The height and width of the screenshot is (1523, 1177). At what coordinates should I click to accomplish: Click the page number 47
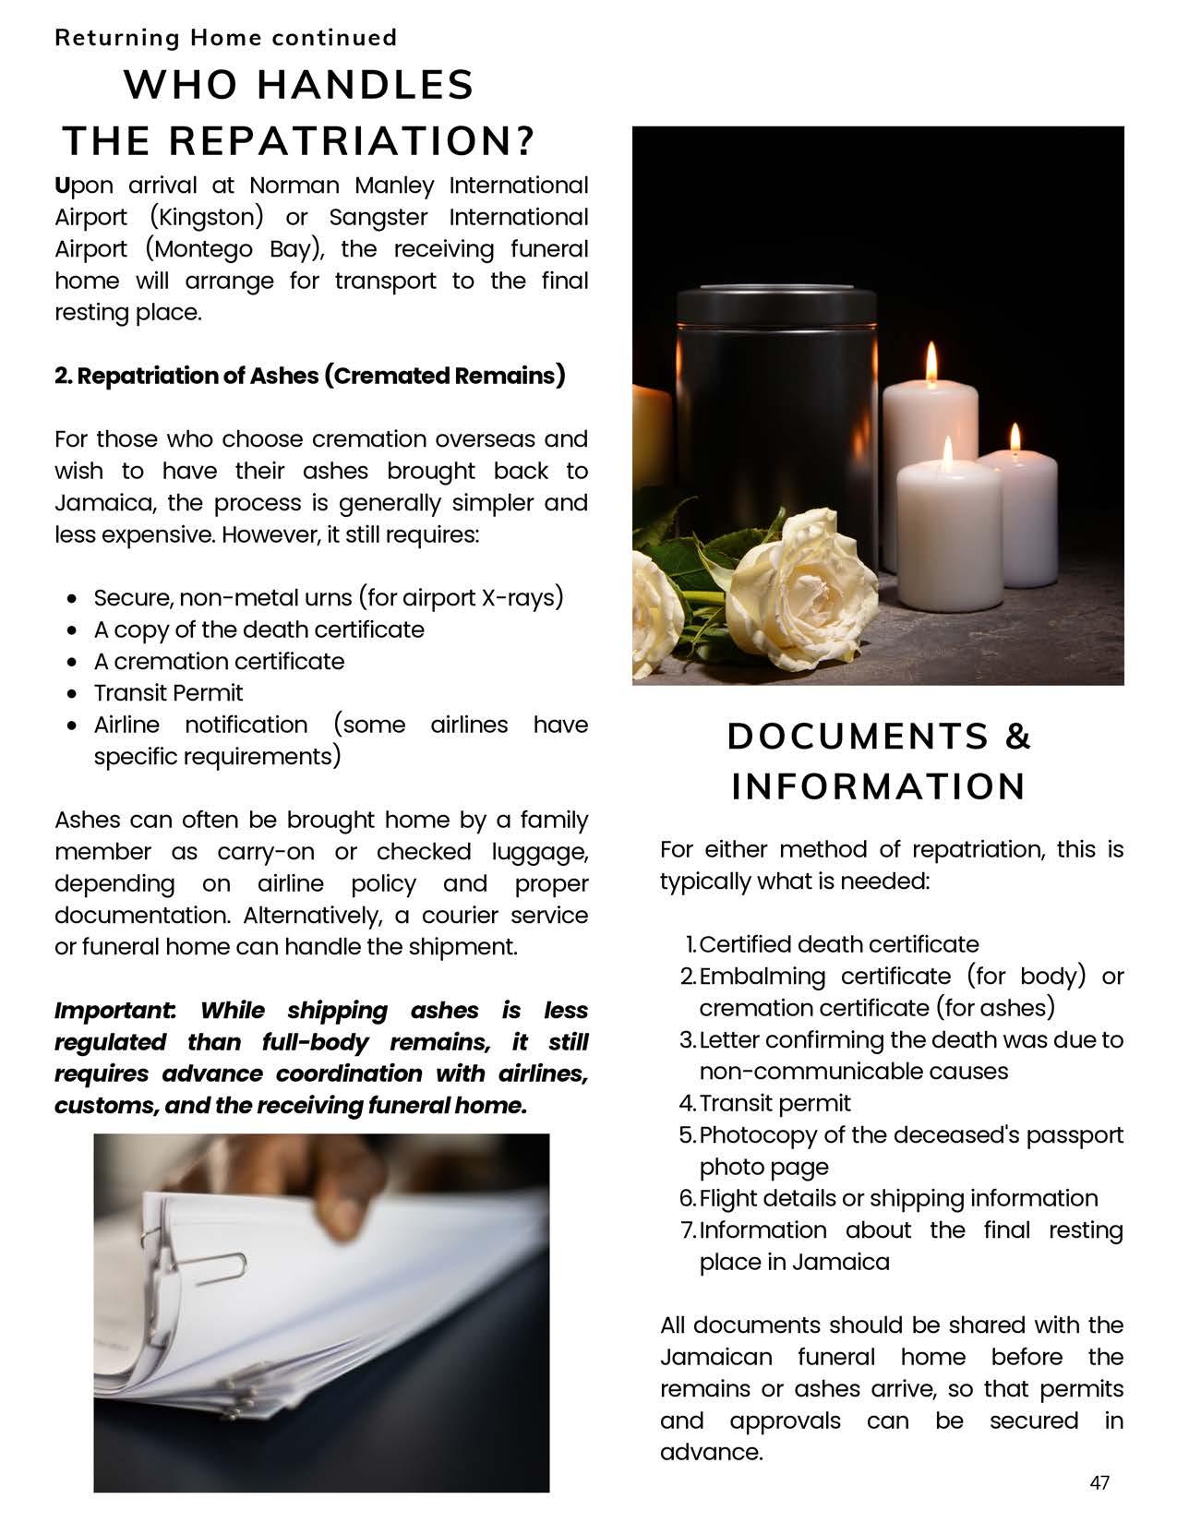1099,1482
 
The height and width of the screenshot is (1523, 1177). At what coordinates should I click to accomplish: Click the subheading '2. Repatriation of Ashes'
309,376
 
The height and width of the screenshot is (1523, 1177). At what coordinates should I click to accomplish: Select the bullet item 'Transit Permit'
168,693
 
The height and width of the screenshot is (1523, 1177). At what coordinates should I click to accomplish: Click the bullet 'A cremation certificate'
219,662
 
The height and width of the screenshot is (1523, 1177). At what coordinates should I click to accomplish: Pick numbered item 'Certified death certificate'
838,944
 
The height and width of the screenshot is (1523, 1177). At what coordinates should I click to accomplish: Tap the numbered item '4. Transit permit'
775,1103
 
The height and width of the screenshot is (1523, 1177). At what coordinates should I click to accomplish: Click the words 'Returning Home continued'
225,38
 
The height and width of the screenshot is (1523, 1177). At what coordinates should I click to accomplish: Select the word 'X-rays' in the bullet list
522,598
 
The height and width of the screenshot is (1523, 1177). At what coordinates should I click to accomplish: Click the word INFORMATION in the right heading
878,787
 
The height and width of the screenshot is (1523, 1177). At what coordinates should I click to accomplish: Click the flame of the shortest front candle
947,449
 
